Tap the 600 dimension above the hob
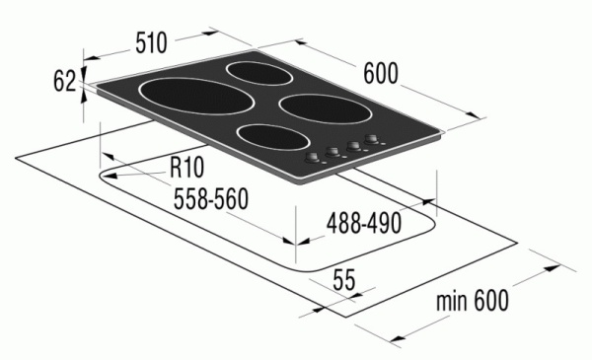pyautogui.click(x=382, y=75)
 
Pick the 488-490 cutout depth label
pyautogui.click(x=363, y=223)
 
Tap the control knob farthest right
pyautogui.click(x=373, y=140)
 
